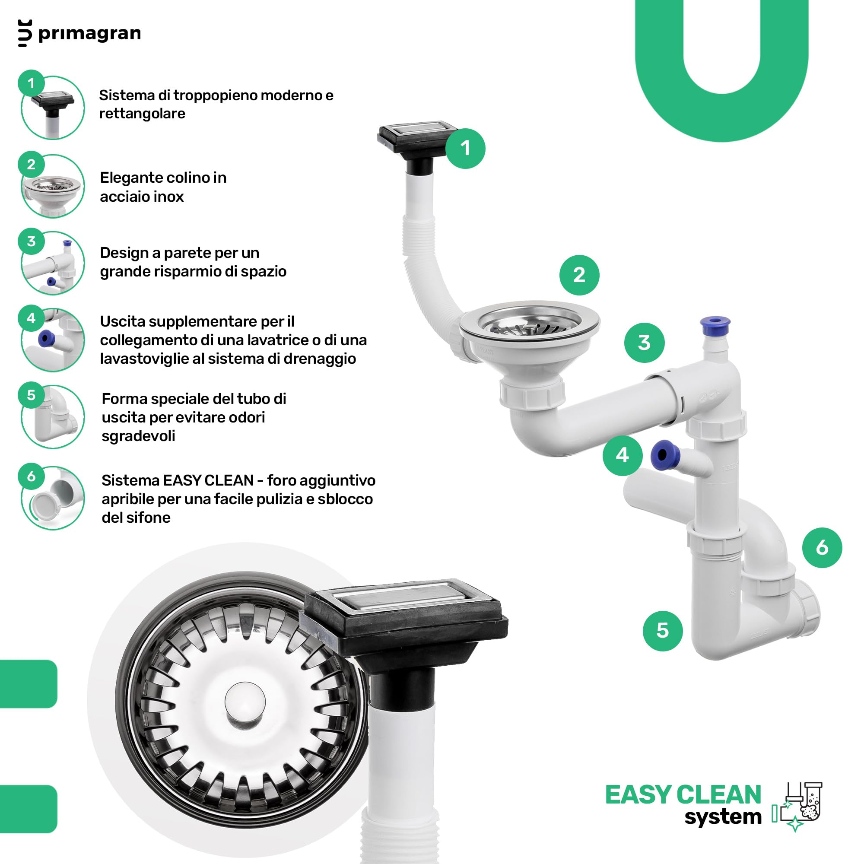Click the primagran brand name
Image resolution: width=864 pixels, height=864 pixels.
click(x=89, y=34)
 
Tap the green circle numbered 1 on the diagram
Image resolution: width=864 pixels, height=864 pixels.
click(x=465, y=149)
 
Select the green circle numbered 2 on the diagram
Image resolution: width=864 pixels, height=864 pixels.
click(x=579, y=275)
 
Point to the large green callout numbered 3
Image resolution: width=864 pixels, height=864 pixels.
click(x=644, y=343)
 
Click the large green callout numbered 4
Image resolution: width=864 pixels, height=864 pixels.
click(x=623, y=455)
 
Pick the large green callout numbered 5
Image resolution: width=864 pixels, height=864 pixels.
click(x=662, y=631)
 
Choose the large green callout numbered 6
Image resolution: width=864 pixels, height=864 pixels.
click(x=822, y=548)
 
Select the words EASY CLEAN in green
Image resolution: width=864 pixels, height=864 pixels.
click(x=683, y=795)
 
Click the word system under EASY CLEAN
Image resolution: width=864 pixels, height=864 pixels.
click(x=723, y=817)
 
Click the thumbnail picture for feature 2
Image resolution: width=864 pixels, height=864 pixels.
click(x=53, y=186)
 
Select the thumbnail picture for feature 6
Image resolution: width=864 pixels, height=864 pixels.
click(x=53, y=498)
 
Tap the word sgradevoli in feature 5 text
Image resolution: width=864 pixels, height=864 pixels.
click(x=138, y=436)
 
